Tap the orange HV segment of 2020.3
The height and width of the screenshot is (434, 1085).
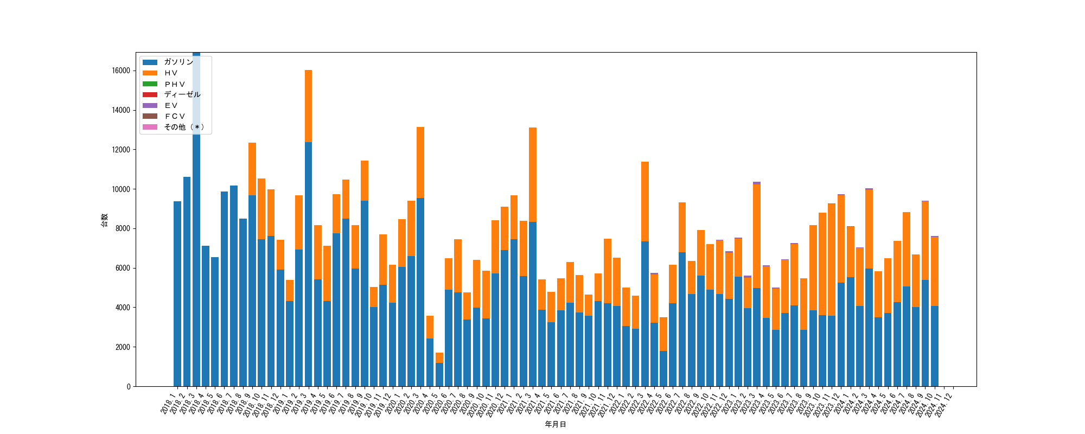(x=420, y=162)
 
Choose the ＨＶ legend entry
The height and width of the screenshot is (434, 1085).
(x=171, y=73)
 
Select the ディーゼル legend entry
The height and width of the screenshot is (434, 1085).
(x=182, y=94)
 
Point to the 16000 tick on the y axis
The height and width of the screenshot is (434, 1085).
(x=120, y=71)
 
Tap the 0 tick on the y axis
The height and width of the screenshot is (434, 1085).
(x=129, y=386)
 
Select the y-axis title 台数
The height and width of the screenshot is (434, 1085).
(x=104, y=220)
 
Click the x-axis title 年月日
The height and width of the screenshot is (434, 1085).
(x=556, y=424)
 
